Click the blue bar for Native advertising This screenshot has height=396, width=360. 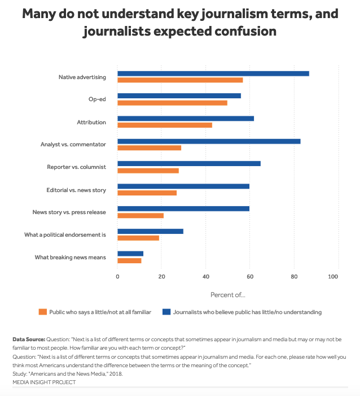[213, 73]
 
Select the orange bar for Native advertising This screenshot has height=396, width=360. [180, 80]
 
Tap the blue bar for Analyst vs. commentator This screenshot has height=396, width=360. [209, 141]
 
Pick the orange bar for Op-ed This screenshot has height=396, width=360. [172, 102]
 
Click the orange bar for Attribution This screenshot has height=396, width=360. [165, 125]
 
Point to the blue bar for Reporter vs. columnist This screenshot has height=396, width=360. [189, 164]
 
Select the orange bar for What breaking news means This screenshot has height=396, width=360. [129, 260]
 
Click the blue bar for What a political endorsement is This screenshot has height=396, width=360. [150, 232]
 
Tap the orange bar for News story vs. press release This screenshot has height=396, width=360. [141, 215]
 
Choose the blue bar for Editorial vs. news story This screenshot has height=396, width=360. [183, 186]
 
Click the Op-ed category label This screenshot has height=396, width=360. [97, 99]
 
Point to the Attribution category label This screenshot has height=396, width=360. [91, 122]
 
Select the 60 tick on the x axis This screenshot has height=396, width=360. [250, 276]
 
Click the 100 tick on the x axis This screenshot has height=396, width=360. [333, 276]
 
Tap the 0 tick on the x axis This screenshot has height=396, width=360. [117, 276]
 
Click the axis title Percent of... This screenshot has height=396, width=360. [228, 294]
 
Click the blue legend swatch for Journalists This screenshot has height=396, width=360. [166, 312]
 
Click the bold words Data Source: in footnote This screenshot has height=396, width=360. [29, 339]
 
